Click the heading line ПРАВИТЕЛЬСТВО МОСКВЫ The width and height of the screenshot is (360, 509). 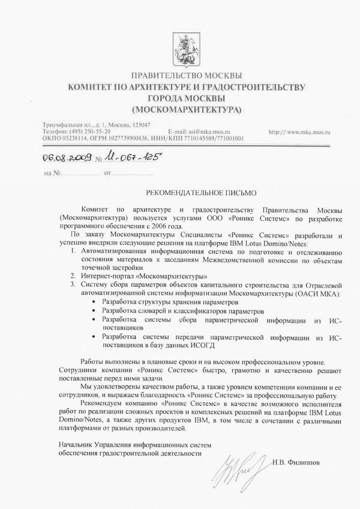[x=187, y=76]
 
